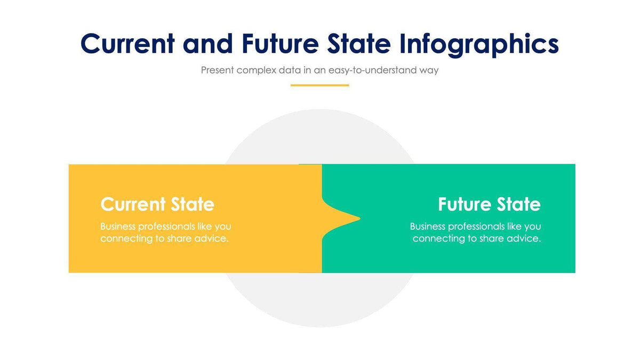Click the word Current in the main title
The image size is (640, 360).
click(x=127, y=44)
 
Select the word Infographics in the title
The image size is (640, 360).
click(x=479, y=45)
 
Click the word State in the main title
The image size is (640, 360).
click(x=359, y=44)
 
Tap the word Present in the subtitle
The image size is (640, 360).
click(x=217, y=70)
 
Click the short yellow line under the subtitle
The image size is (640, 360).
click(x=319, y=85)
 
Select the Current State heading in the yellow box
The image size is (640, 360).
click(x=157, y=204)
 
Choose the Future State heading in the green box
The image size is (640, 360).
click(x=489, y=204)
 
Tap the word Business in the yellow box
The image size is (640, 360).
click(x=118, y=227)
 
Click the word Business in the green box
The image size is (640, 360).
click(x=428, y=227)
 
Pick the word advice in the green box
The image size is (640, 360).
click(x=524, y=238)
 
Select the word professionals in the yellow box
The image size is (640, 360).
click(x=166, y=227)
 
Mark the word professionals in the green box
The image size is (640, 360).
click(x=476, y=227)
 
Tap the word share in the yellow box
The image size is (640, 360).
click(x=179, y=238)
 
